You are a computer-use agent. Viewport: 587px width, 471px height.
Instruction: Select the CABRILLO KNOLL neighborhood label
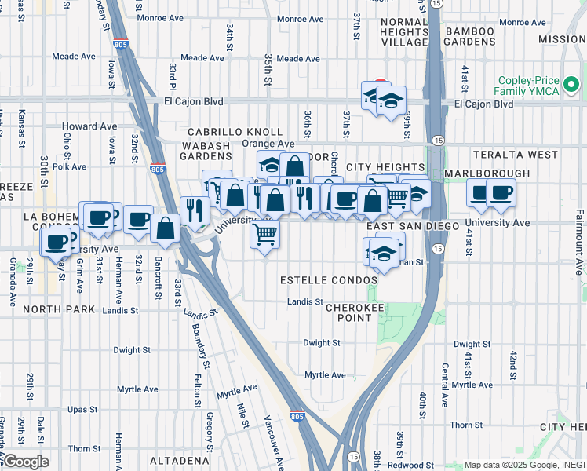(x=234, y=131)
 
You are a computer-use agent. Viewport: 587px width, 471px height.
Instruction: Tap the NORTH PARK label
(x=53, y=309)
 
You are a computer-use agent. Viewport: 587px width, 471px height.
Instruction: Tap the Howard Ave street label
(x=89, y=126)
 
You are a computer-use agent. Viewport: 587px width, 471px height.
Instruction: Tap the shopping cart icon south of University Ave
(x=265, y=233)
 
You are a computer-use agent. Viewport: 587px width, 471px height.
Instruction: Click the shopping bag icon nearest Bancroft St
(x=166, y=229)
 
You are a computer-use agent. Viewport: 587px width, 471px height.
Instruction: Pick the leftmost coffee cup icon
(x=56, y=243)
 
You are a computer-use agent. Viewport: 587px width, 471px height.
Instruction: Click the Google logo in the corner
(x=25, y=462)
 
